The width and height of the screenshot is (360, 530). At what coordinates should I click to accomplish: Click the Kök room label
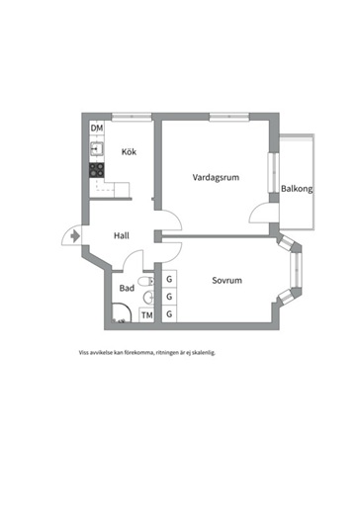tap(129, 151)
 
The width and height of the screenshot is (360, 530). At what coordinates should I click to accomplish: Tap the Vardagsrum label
tap(216, 177)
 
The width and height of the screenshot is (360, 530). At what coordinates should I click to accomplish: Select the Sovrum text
tap(226, 280)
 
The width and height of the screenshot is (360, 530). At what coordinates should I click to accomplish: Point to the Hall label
tap(122, 235)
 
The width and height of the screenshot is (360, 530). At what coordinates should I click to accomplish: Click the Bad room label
tap(127, 288)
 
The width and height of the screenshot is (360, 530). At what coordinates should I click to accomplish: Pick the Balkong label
tap(297, 189)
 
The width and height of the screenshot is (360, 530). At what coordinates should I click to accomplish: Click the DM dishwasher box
tap(97, 129)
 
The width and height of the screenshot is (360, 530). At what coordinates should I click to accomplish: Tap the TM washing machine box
tap(146, 315)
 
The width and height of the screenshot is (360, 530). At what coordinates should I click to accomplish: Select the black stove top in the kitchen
tap(97, 170)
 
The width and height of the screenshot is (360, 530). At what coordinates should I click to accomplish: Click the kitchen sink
tap(97, 148)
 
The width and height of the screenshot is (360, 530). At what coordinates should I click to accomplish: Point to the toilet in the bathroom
tap(146, 281)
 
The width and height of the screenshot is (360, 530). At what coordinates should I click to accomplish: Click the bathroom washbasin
tap(149, 297)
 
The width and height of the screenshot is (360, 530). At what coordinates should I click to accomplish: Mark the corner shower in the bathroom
tap(121, 312)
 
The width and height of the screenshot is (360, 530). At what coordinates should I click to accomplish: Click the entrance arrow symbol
tap(75, 235)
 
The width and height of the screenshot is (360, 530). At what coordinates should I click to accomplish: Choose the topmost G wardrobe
tap(169, 279)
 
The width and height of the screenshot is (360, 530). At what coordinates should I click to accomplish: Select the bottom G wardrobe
tap(169, 314)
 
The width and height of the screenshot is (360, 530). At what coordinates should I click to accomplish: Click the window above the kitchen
tap(132, 117)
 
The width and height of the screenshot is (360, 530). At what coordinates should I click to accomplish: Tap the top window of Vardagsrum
tap(229, 117)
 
